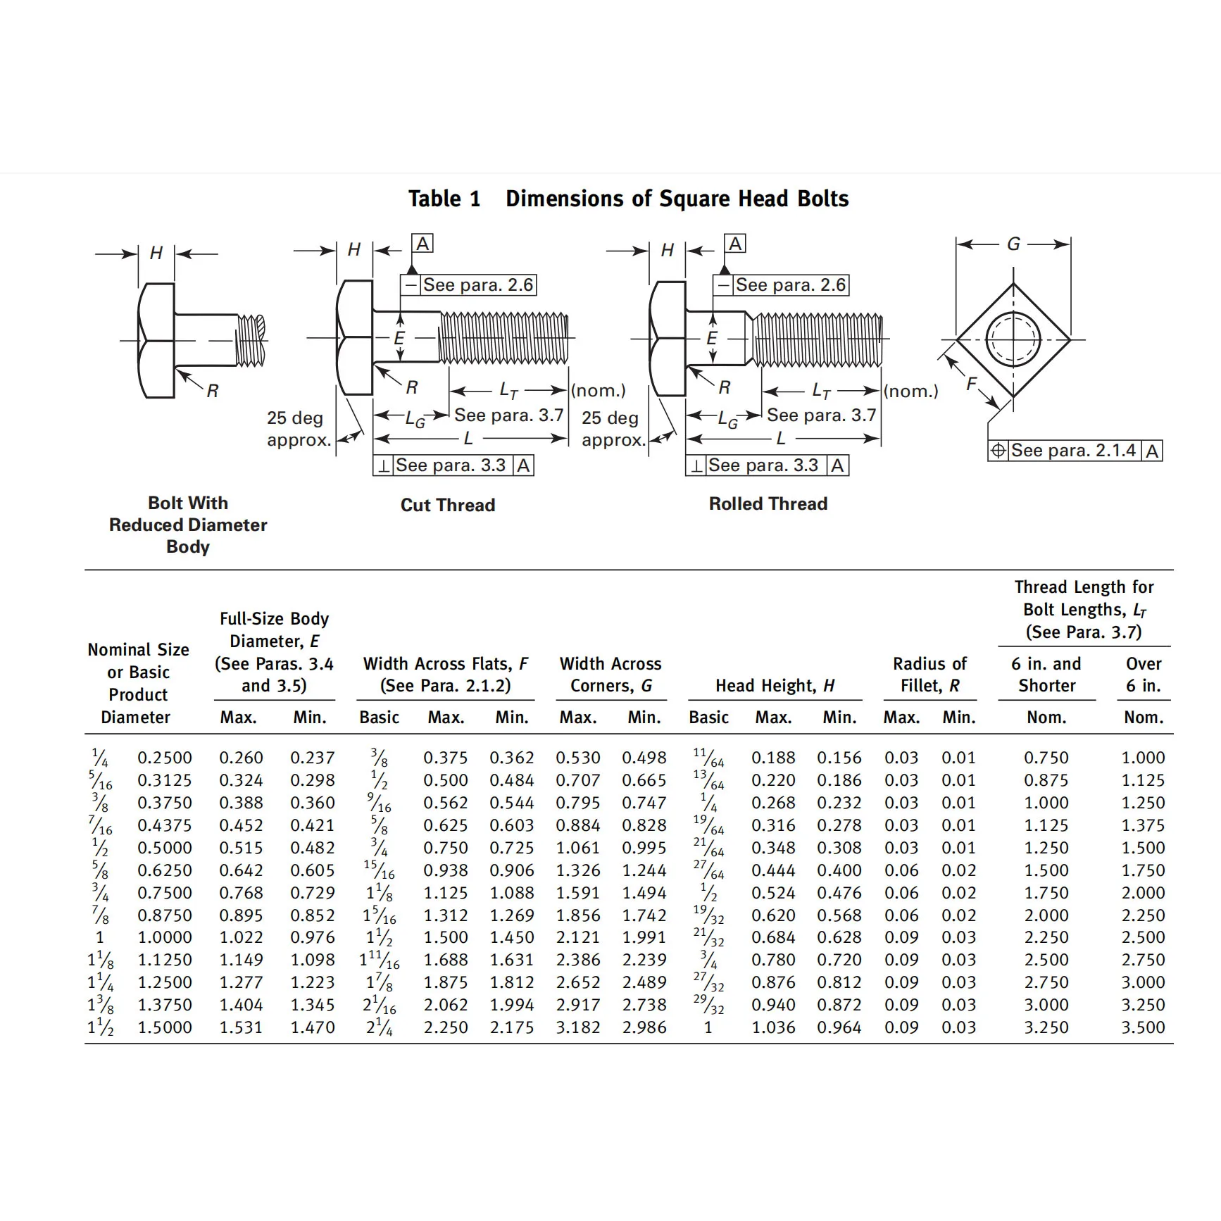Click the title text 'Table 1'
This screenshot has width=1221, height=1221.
pos(444,199)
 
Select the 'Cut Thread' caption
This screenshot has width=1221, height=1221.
pos(448,505)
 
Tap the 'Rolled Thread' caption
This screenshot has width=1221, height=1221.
pos(768,503)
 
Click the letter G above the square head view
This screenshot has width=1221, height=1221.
pos(1013,244)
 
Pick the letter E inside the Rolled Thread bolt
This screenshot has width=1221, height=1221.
pos(712,339)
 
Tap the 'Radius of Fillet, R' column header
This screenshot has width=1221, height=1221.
pos(929,675)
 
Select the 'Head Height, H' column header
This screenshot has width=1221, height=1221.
pos(775,686)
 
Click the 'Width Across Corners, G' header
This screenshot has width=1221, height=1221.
pos(610,675)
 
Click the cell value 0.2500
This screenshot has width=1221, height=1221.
pos(165,758)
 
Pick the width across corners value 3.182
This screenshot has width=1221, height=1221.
pos(578,1027)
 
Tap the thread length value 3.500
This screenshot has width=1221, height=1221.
pos(1143,1027)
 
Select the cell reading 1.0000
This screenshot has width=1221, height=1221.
pos(165,937)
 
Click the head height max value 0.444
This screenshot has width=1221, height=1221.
pos(773,870)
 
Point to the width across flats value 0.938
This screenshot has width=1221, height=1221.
pos(446,870)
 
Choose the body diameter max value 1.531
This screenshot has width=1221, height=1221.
pos(241,1027)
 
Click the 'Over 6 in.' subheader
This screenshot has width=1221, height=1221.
pos(1144,675)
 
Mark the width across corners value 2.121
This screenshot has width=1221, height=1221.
pos(578,937)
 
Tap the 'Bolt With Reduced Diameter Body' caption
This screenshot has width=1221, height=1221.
pos(188,525)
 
